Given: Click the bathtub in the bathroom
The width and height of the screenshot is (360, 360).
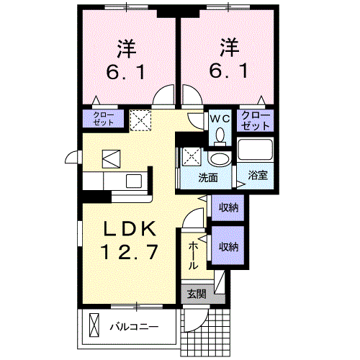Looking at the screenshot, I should (256, 152).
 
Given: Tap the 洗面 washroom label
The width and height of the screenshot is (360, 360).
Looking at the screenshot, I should (209, 177).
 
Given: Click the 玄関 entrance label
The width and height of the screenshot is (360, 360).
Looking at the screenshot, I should (196, 293).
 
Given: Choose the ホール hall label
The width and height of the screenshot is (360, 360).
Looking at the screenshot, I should (194, 256).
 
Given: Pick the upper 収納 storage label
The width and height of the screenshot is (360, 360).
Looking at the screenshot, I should (229, 207).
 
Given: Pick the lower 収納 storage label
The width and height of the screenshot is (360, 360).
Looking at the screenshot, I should (229, 247).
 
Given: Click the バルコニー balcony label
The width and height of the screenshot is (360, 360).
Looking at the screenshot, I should (134, 325).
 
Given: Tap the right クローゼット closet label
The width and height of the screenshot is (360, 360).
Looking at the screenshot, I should (256, 120).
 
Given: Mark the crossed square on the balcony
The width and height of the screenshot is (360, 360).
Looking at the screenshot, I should (93, 325).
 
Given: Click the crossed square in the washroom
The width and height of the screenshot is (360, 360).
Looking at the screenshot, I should (192, 155).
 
